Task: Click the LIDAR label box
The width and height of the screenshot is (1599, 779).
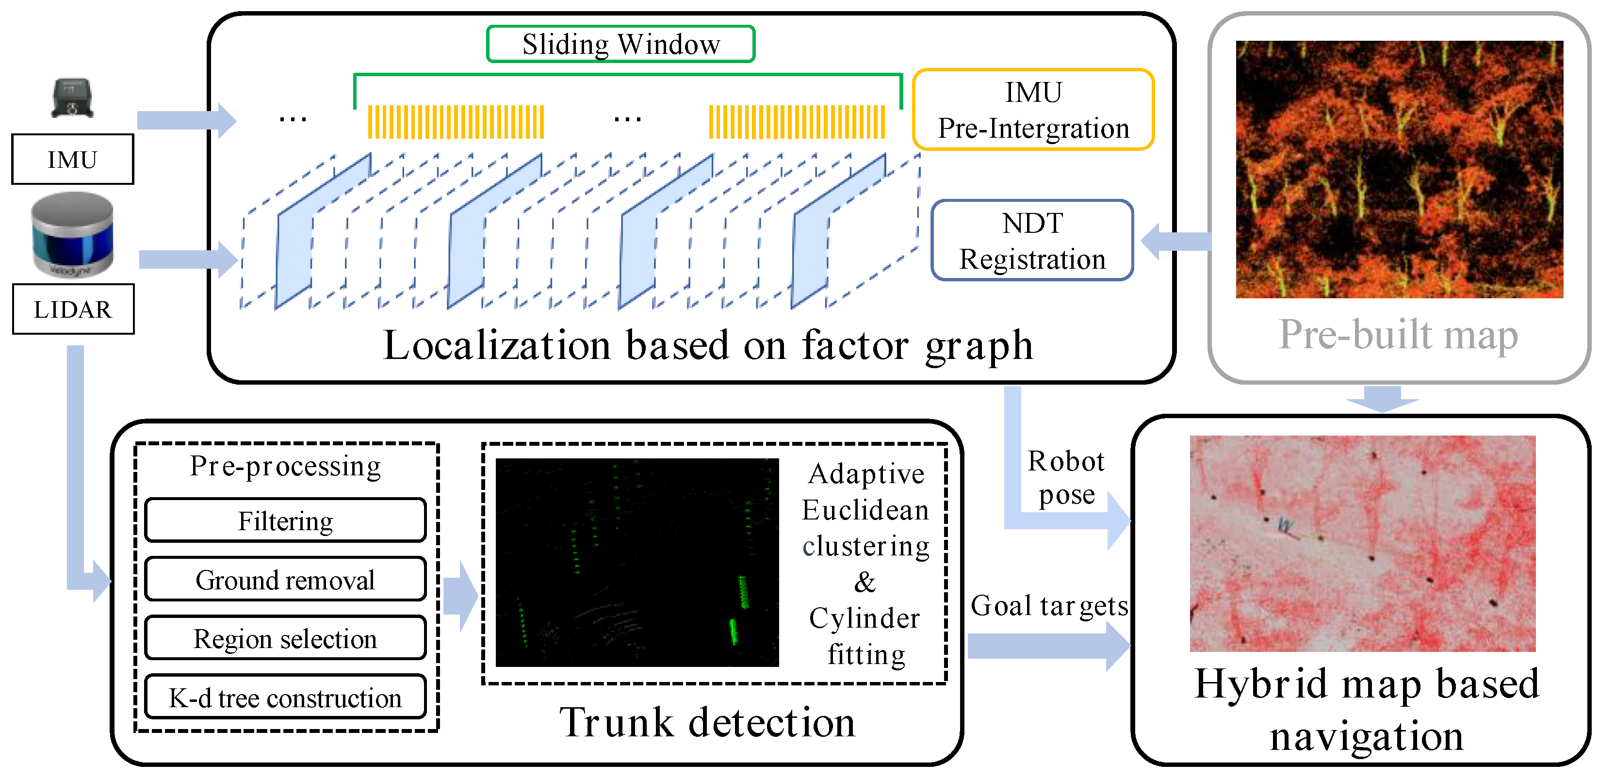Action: tap(73, 309)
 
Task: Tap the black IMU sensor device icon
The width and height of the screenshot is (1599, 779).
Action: tap(72, 98)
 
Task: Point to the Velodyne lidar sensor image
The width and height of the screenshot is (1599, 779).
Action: tap(73, 234)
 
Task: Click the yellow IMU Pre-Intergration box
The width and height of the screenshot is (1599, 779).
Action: tap(1033, 110)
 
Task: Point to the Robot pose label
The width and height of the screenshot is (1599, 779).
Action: tap(1066, 478)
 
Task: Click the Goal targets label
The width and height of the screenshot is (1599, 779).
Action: tap(1049, 606)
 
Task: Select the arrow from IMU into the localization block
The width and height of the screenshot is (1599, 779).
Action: tap(186, 120)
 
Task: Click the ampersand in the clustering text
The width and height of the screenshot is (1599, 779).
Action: tap(865, 582)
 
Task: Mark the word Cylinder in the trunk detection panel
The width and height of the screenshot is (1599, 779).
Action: tap(864, 618)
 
